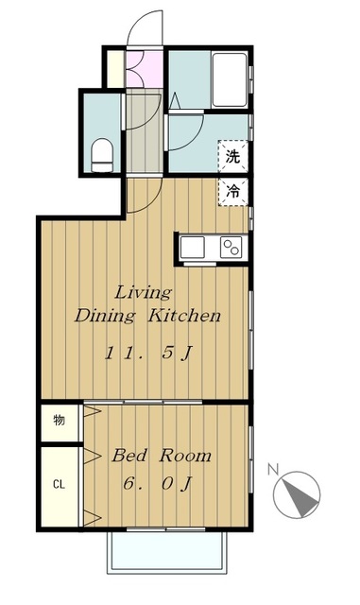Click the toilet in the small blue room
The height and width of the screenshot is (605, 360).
(x=103, y=153)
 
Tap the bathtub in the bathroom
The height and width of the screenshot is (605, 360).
(x=228, y=81)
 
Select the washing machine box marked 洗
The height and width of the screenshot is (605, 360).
(x=232, y=157)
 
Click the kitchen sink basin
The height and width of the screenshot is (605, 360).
(x=194, y=247)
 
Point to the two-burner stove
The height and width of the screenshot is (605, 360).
(x=231, y=247)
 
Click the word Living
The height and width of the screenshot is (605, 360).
(x=144, y=290)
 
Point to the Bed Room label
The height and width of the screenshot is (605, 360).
(x=161, y=456)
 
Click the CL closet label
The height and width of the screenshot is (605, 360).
(x=59, y=484)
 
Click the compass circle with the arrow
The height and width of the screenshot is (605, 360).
(x=298, y=493)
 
